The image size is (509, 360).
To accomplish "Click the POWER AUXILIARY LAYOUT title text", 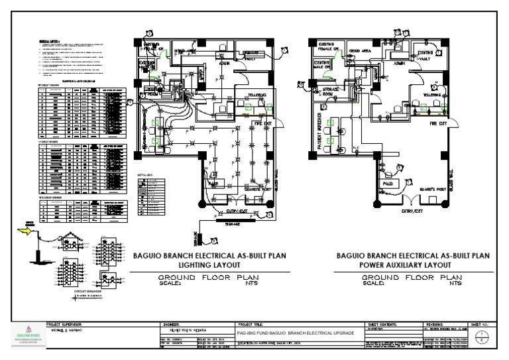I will pyautogui.click(x=412, y=263).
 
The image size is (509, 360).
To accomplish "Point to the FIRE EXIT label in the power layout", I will pyautogui.click(x=439, y=124).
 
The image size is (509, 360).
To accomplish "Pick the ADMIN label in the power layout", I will pyautogui.click(x=400, y=64).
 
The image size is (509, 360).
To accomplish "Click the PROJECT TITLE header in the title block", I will pyautogui.click(x=251, y=324).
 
